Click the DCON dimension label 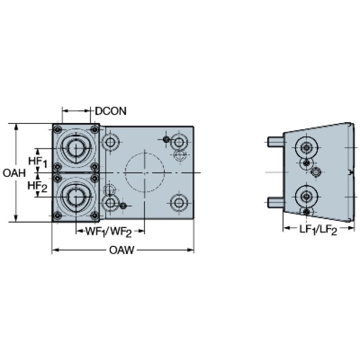point(111,111)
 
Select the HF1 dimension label point(38,161)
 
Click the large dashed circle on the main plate point(145,172)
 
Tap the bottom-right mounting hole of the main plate point(178,203)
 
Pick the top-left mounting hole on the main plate point(111,141)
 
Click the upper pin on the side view point(276,141)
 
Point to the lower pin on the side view point(276,202)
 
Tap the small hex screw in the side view point(316,172)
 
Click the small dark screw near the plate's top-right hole point(166,139)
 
